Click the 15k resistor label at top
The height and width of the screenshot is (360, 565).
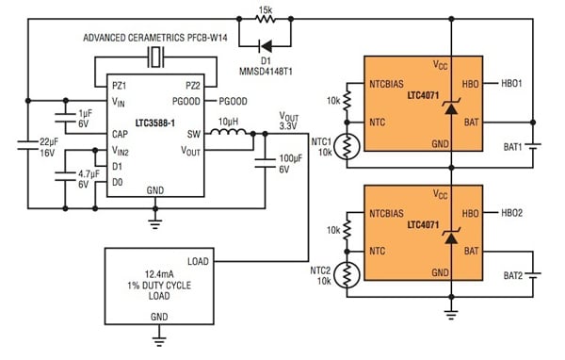(x=266, y=8)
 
